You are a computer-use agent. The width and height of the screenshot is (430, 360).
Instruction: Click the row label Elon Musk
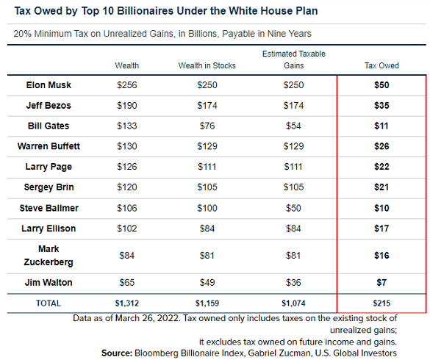click(49, 85)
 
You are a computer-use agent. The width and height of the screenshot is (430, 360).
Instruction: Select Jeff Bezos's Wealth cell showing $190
click(126, 106)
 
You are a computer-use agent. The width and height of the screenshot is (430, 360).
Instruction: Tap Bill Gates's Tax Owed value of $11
click(381, 126)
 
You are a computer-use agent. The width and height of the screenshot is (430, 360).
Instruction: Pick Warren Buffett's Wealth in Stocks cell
click(207, 146)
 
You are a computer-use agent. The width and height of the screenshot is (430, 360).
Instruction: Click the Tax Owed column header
click(381, 65)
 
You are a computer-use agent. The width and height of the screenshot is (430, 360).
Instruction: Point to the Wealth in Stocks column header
click(207, 65)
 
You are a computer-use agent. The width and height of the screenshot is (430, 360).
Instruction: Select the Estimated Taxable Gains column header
click(294, 60)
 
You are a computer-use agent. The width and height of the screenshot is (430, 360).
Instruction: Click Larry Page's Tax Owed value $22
click(381, 167)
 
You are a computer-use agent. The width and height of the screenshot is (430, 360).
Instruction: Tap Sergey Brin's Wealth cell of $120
click(126, 187)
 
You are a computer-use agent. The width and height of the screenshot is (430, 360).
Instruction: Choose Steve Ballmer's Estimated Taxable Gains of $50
click(293, 208)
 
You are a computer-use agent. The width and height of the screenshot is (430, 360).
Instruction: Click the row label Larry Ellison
click(49, 228)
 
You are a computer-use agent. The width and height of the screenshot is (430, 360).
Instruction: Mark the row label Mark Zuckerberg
click(49, 256)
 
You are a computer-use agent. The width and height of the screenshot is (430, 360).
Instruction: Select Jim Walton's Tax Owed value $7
click(381, 282)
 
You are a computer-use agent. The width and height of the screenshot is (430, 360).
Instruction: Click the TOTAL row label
click(49, 303)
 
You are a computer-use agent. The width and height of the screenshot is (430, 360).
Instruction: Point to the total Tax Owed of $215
click(381, 303)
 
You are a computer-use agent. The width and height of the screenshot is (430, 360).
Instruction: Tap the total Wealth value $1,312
click(126, 303)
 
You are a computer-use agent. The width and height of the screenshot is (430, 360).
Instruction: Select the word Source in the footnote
click(117, 353)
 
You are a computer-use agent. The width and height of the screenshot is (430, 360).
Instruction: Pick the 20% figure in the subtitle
click(23, 34)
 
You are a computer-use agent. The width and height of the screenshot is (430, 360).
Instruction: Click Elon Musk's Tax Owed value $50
click(381, 85)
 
